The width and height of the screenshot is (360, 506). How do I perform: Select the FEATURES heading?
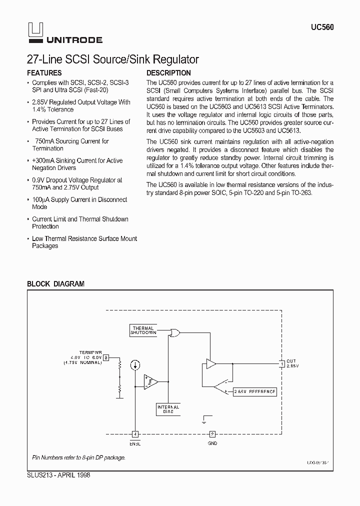tap(44, 73)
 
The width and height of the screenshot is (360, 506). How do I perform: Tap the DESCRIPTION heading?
tap(168, 73)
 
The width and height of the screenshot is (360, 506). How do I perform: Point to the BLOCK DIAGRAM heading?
tap(55, 283)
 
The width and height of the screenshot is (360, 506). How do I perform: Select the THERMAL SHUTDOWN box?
tap(143, 330)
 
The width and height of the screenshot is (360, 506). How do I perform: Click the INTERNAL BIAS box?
tap(168, 409)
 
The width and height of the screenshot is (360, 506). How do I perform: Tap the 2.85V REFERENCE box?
tap(254, 392)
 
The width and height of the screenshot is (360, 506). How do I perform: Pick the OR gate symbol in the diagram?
tap(175, 332)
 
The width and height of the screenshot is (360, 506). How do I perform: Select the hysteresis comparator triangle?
tap(150, 382)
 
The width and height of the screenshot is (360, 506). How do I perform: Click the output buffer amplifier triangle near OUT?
tap(211, 363)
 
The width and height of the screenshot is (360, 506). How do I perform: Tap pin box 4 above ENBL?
tap(135, 434)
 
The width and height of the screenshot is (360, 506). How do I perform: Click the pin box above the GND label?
tap(212, 434)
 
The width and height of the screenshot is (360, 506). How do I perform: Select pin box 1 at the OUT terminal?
tap(282, 363)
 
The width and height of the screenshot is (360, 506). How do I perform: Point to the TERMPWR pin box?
tap(106, 357)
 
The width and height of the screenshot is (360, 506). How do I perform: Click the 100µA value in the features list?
tap(40, 199)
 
